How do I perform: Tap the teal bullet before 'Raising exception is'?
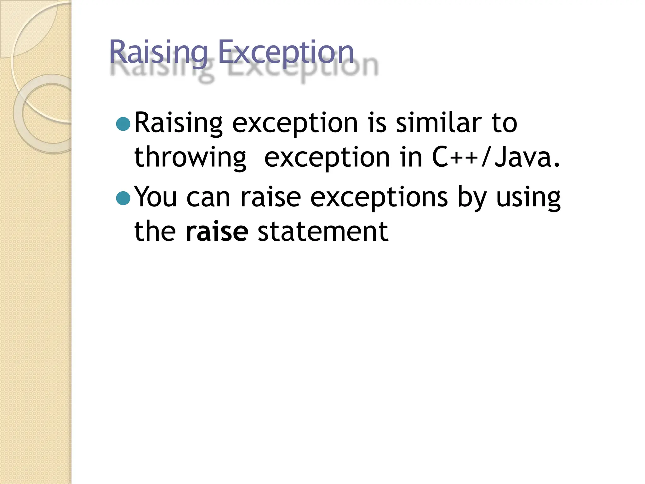[123, 124]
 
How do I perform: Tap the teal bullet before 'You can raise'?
[123, 198]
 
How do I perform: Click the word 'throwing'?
[190, 158]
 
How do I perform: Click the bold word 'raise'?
[217, 232]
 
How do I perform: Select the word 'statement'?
[323, 232]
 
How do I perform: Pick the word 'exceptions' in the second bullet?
[379, 198]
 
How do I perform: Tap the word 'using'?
[528, 198]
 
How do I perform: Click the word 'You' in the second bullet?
[155, 197]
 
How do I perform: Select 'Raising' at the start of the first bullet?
[178, 124]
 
